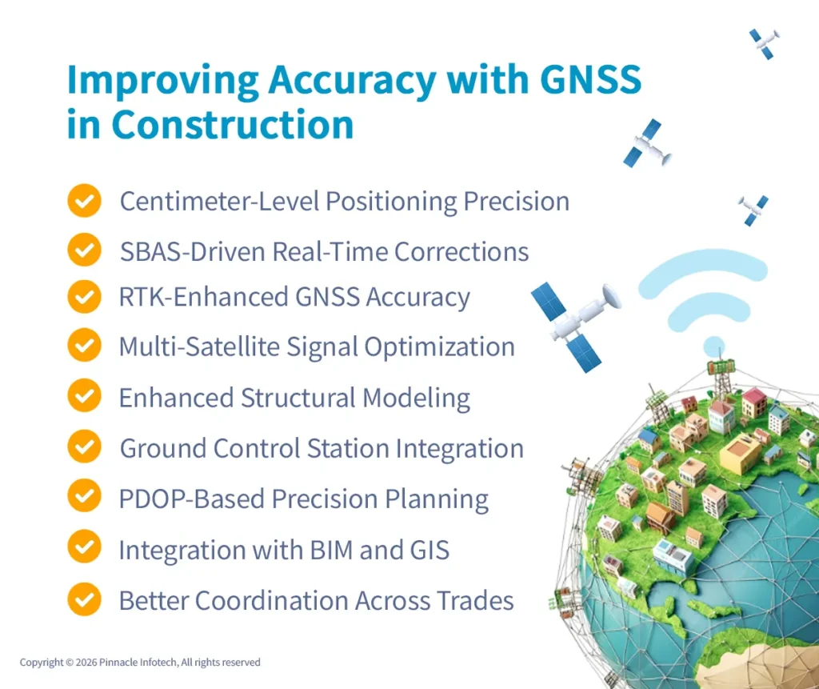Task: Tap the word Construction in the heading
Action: point(233,125)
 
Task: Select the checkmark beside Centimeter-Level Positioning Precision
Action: point(84,201)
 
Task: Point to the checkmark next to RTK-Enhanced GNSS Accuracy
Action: point(84,298)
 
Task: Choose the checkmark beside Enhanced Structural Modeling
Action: point(84,397)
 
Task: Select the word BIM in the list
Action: point(346,551)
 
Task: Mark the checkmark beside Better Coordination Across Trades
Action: point(84,599)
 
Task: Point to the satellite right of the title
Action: point(647,145)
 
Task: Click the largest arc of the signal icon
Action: point(703,273)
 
